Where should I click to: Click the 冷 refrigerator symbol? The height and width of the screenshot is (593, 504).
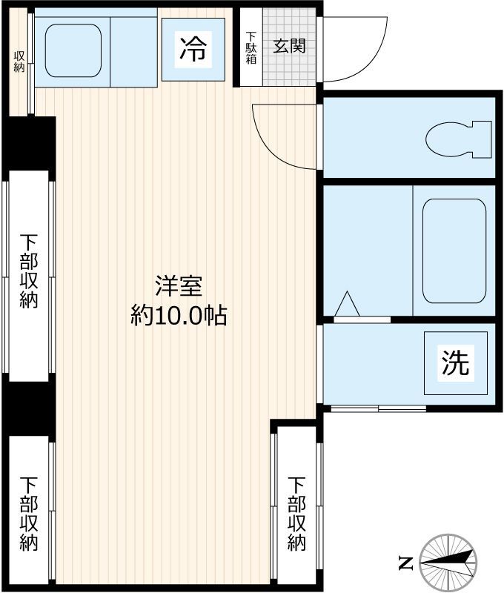click(193, 50)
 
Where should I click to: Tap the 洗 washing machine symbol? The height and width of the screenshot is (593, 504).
click(455, 363)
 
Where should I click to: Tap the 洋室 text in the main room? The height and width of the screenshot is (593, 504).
click(179, 286)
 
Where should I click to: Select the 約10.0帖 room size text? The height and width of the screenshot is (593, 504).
click(179, 317)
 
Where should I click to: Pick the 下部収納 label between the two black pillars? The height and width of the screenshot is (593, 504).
click(29, 271)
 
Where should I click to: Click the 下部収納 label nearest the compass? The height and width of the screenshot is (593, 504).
click(296, 513)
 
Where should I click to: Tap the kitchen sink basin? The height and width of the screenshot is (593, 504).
click(73, 50)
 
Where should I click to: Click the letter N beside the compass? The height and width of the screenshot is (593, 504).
click(405, 563)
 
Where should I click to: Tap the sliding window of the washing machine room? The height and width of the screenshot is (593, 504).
click(378, 408)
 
